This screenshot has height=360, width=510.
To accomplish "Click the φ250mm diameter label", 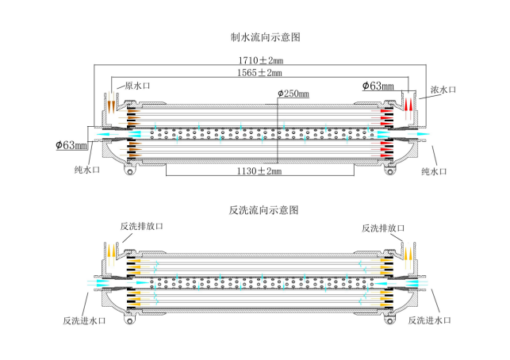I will point(294,94).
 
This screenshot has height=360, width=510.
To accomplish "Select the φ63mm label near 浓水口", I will point(378,85).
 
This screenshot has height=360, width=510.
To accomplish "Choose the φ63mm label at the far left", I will point(72,145).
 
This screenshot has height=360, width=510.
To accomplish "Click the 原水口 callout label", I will point(132,86).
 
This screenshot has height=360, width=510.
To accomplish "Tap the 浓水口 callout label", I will point(443,90).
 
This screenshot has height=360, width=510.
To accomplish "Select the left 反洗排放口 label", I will point(141,227).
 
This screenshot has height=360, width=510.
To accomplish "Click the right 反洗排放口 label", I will point(383,228).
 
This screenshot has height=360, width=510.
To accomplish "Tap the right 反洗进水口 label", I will point(429,320).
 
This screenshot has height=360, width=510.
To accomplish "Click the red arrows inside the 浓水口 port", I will point(408,104).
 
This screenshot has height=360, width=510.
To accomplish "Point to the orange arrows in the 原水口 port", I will point(109,104).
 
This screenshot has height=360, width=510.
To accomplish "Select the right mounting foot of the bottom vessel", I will point(389,320).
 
